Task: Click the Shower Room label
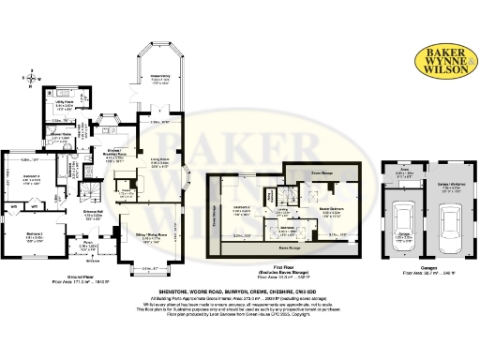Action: coord(63,134)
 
